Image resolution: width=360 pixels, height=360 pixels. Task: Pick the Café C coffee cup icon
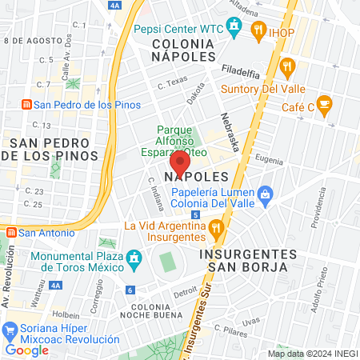click(323, 104)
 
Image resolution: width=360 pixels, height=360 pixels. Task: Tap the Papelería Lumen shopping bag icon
click(266, 193)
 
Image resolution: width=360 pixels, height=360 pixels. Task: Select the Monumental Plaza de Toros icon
click(134, 258)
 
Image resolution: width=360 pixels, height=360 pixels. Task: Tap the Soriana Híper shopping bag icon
click(11, 330)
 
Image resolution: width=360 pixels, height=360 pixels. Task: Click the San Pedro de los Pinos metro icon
click(26, 105)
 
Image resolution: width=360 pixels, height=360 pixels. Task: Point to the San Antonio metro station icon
click(10, 233)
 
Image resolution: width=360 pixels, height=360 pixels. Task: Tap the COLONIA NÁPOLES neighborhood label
click(183, 50)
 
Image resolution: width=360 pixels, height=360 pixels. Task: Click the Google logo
click(27, 349)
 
